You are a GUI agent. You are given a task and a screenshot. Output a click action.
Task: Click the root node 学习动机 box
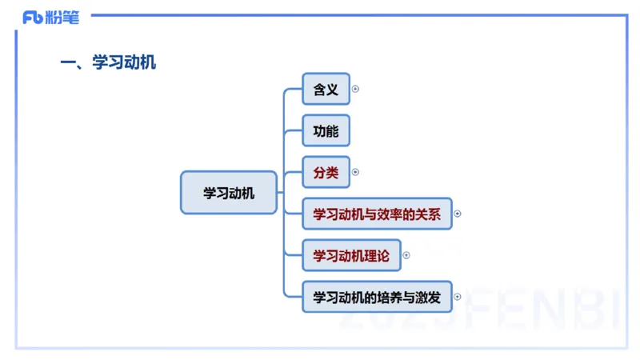pos(229,193)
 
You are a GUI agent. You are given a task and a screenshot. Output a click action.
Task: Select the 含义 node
pos(326,90)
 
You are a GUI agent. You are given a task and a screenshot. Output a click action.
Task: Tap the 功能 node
pos(326,131)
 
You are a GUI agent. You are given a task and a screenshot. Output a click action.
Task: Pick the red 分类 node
pos(326,172)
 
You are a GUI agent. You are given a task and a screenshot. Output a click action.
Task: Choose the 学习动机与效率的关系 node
pos(377,214)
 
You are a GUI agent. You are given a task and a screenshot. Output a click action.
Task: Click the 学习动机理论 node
pos(351,255)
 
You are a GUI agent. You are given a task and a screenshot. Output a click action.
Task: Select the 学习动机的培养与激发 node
pos(377,297)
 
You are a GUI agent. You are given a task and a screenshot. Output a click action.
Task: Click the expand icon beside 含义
pos(355,89)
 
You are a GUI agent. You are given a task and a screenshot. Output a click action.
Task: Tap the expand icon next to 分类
pos(355,172)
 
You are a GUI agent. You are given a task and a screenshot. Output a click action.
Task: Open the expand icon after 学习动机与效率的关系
pos(458,214)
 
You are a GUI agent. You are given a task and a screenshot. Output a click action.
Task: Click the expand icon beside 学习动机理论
pos(406,255)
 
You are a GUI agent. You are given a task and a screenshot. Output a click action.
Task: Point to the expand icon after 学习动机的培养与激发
pos(458,297)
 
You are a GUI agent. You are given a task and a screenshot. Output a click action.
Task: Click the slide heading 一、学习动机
pos(109,62)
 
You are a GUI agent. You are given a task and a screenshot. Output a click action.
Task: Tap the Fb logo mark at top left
pos(32,17)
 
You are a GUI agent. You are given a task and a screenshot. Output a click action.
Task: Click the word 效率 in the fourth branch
pos(390,214)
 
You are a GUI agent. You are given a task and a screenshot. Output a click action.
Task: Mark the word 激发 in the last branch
pos(428,297)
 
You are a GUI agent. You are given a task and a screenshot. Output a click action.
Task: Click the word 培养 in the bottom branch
pos(390,297)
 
